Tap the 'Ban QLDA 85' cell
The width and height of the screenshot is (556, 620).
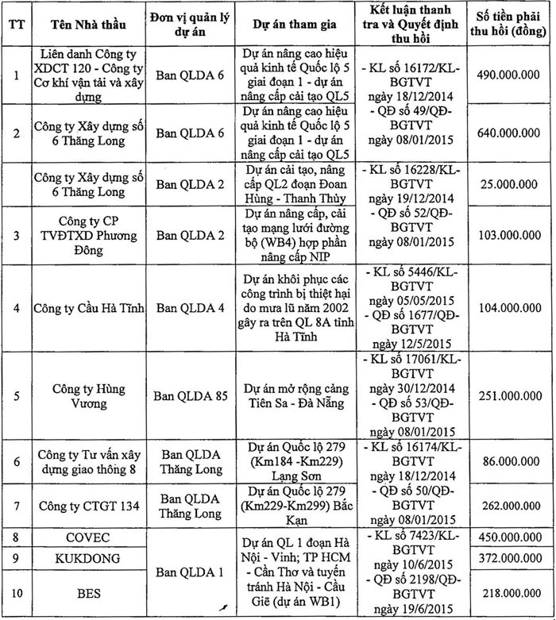(x=190, y=395)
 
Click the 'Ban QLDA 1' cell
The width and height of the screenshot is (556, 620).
(x=190, y=571)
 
